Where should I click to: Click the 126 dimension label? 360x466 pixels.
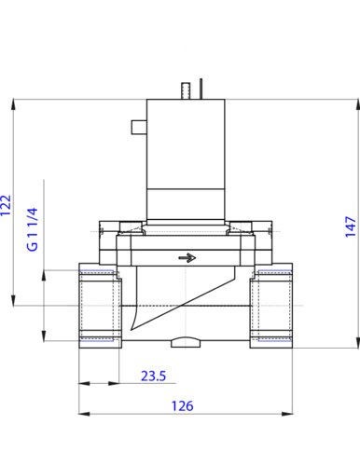pos(183,405)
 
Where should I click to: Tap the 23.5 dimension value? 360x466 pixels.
pos(154,376)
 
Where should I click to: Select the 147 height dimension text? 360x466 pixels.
pos(351,226)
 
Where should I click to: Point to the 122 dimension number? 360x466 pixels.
pos(6,205)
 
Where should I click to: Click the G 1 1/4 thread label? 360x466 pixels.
pos(33,229)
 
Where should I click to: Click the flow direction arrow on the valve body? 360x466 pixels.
pos(187,258)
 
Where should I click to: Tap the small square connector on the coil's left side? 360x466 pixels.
pos(139,127)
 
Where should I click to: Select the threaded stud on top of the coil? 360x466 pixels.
pos(186,90)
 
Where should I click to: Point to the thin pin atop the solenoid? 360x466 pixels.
pos(201,89)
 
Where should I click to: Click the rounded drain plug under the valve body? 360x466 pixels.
pos(186,342)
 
